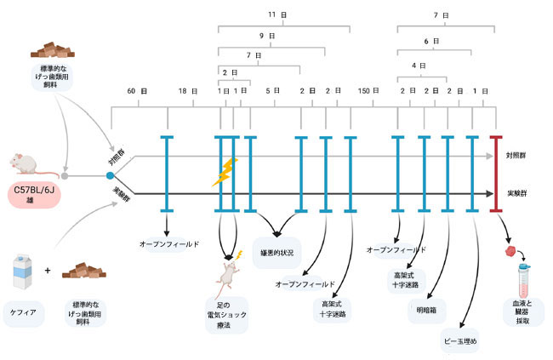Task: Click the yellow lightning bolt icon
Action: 225,172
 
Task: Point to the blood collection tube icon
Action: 524,280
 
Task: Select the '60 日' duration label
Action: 132,91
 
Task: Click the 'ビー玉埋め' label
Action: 460,341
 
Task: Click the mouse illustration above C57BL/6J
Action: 27,163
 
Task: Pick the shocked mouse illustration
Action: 228,271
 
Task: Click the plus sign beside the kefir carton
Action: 48,271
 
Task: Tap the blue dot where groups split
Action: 110,175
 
